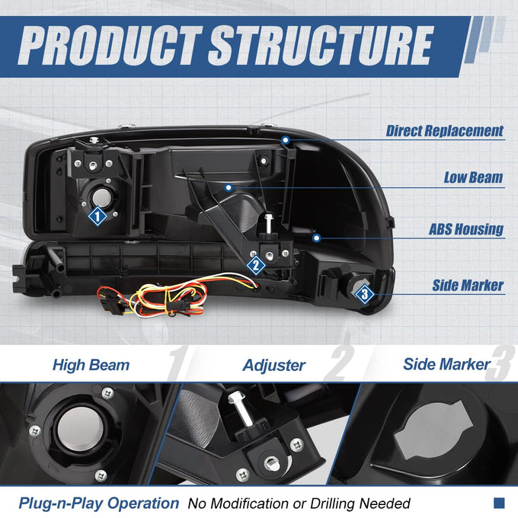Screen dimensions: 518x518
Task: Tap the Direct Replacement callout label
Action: (445, 131)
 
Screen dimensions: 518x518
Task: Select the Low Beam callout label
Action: (473, 177)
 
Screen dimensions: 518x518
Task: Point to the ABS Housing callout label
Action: (465, 229)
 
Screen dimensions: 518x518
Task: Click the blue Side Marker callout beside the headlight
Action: (468, 286)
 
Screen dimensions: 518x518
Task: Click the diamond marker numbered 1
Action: (98, 216)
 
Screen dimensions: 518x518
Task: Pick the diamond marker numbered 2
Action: (256, 265)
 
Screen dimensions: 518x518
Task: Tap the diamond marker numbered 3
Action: (364, 294)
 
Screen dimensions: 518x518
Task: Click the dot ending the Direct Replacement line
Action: (286, 140)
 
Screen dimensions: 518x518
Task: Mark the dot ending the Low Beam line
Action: (229, 188)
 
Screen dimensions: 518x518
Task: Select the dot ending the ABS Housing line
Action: (316, 238)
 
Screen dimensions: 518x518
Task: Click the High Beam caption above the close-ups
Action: (91, 366)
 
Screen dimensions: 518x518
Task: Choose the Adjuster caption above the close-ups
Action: (274, 366)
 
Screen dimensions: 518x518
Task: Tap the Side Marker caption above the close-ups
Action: (446, 364)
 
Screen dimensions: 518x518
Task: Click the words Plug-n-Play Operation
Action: (99, 503)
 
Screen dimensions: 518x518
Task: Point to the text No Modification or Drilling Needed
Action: (299, 504)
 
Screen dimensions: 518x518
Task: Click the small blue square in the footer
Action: (499, 503)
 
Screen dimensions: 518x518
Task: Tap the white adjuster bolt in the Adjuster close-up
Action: (241, 409)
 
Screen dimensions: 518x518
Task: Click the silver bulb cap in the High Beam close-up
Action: (80, 430)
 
